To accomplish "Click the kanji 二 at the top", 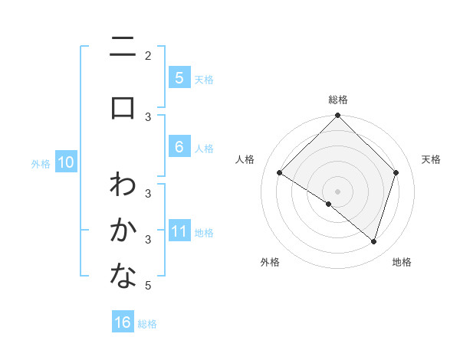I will pyautogui.click(x=123, y=51).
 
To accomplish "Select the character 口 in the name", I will pyautogui.click(x=123, y=106).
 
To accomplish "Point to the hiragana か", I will pyautogui.click(x=123, y=230).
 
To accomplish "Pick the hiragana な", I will pyautogui.click(x=123, y=277).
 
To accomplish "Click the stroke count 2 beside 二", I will pyautogui.click(x=148, y=55).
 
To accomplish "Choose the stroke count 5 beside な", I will pyautogui.click(x=148, y=286).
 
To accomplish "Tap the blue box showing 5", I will pyautogui.click(x=179, y=78).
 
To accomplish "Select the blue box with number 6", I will pyautogui.click(x=179, y=147).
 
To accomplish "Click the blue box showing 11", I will pyautogui.click(x=179, y=231).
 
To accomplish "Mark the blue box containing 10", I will pyautogui.click(x=65, y=162).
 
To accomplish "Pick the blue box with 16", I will pyautogui.click(x=123, y=322).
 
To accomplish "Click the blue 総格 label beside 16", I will pyautogui.click(x=147, y=324).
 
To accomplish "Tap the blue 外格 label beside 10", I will pyautogui.click(x=41, y=163).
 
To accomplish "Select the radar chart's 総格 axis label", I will pyautogui.click(x=337, y=100).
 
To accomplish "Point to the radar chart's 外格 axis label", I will pyautogui.click(x=270, y=262).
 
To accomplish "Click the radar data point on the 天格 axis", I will pyautogui.click(x=396, y=173).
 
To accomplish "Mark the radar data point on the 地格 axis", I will pyautogui.click(x=373, y=242).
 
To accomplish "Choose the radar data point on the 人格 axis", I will pyautogui.click(x=279, y=173).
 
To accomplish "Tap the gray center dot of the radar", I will pyautogui.click(x=337, y=191).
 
